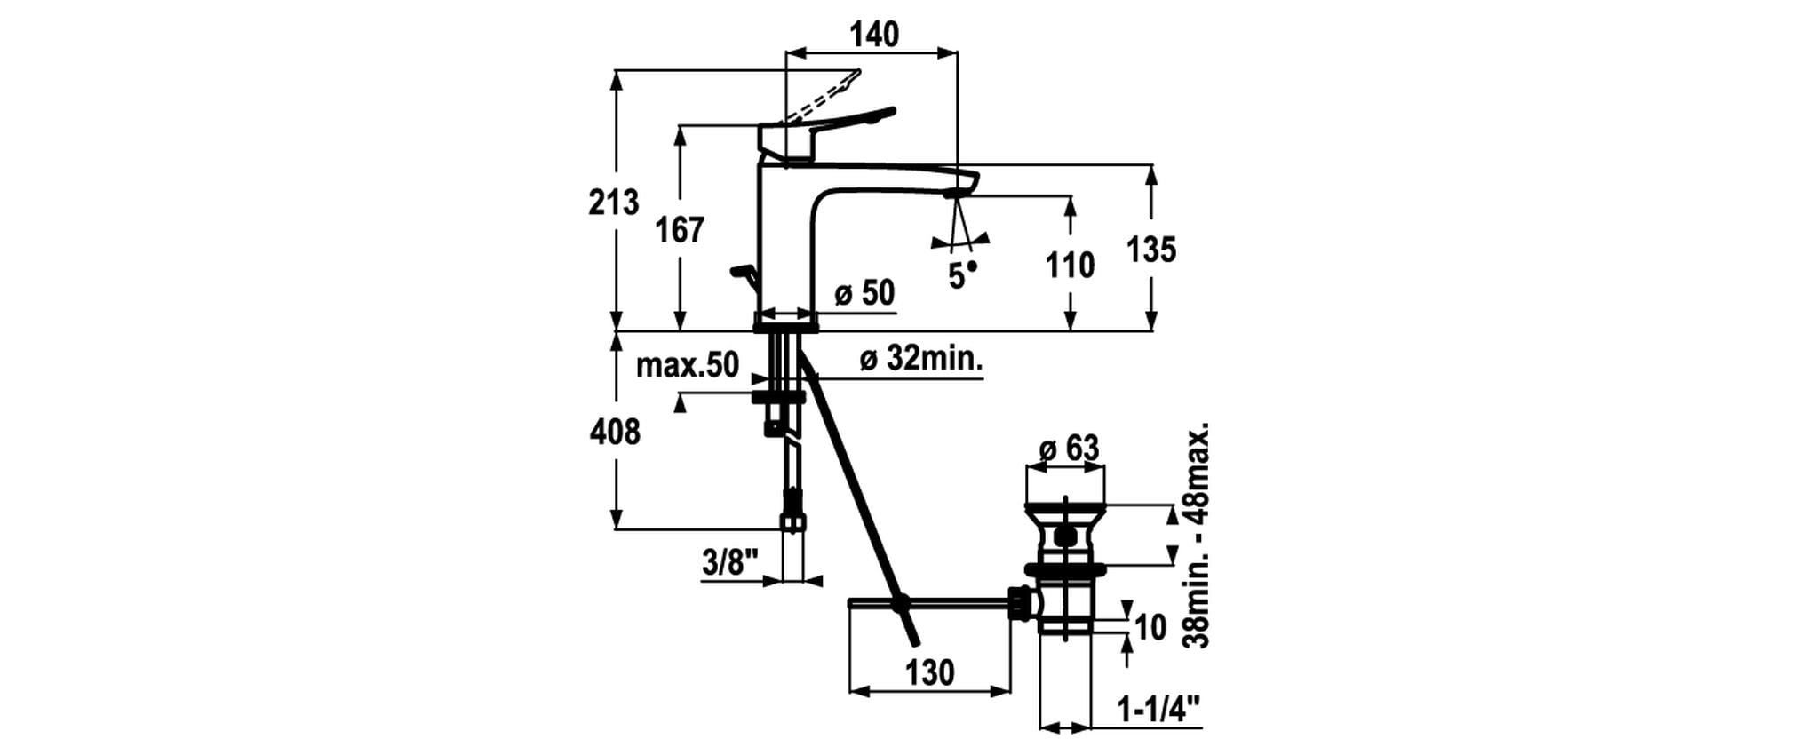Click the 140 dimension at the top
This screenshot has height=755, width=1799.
(x=874, y=34)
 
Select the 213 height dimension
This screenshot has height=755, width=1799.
(x=613, y=203)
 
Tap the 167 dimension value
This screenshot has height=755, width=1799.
(x=680, y=230)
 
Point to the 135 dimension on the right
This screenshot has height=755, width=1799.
(x=1151, y=250)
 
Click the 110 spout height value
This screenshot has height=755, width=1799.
(x=1070, y=265)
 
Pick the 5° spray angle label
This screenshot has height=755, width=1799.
(x=962, y=276)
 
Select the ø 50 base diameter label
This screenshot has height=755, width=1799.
(x=864, y=293)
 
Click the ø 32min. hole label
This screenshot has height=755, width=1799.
(x=921, y=359)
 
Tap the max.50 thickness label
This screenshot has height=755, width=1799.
(x=688, y=364)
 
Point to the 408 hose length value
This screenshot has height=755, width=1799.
(x=615, y=433)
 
